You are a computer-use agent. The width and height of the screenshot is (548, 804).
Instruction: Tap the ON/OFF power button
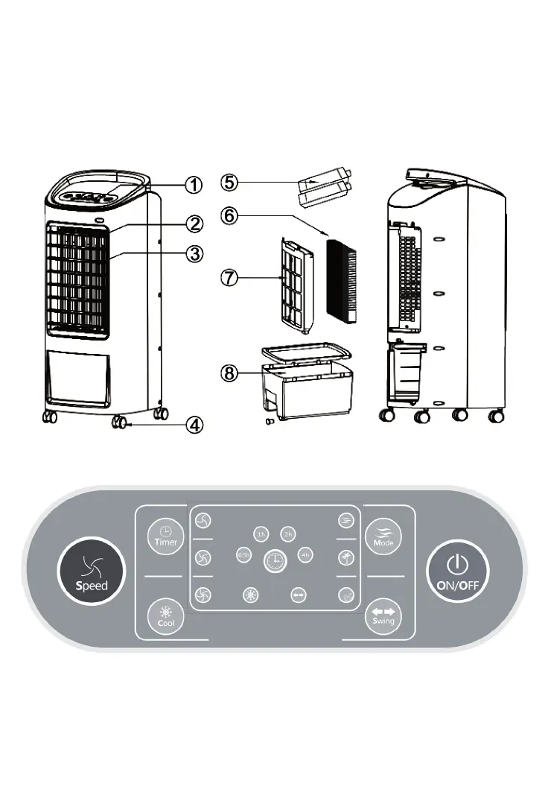(x=457, y=572)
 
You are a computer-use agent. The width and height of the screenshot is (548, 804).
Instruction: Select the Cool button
(x=165, y=616)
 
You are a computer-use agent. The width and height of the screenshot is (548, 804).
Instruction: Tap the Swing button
(x=383, y=615)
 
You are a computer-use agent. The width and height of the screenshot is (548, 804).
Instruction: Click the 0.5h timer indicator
(x=243, y=554)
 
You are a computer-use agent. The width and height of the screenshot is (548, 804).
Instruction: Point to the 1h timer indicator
(x=260, y=534)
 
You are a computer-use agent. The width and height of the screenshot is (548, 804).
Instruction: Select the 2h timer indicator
(x=288, y=534)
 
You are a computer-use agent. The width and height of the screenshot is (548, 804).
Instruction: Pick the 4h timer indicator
(x=305, y=554)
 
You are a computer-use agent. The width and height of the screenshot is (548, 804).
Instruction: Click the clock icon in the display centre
(x=275, y=560)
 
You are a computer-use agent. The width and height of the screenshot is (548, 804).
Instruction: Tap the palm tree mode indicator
(x=345, y=557)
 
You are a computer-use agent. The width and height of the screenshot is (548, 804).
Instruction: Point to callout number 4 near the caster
(x=193, y=424)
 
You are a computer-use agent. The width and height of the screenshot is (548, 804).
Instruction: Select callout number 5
(x=229, y=182)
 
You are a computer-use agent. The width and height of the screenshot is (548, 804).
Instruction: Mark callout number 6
(x=229, y=215)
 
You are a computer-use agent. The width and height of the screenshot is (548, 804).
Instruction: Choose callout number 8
(x=229, y=374)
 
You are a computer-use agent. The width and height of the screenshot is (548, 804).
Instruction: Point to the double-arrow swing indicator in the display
(x=299, y=595)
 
